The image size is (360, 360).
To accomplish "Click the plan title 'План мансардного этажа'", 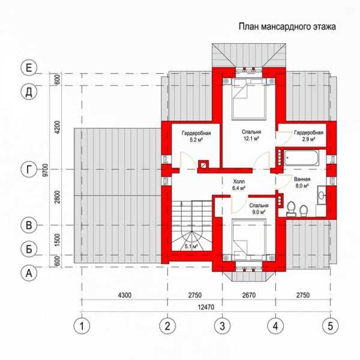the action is [287, 26].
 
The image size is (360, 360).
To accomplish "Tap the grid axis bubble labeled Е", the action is [29, 68].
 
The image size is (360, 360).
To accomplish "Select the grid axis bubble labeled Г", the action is [29, 170].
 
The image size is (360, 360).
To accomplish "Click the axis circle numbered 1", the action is [82, 326].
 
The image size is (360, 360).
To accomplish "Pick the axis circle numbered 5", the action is [330, 326].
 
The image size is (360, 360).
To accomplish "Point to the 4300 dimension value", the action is [125, 295].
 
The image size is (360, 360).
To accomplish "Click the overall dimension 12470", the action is [206, 307].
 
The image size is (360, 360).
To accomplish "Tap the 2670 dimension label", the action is [249, 295].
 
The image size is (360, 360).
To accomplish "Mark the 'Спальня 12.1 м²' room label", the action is [251, 135].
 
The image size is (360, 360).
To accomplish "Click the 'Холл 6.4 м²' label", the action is [239, 185].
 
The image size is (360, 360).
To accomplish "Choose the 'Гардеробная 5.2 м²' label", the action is [196, 136].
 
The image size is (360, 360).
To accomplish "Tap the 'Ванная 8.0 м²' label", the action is [302, 182].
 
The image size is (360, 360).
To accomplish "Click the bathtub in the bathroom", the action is [301, 158].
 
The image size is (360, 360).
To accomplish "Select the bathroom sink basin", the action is [322, 195].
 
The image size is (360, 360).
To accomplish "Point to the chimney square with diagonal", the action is [203, 165].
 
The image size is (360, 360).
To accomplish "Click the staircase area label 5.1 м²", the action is [191, 247].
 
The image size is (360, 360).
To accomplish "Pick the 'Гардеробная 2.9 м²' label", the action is [308, 136].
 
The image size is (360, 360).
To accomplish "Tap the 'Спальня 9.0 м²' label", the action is [259, 209].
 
